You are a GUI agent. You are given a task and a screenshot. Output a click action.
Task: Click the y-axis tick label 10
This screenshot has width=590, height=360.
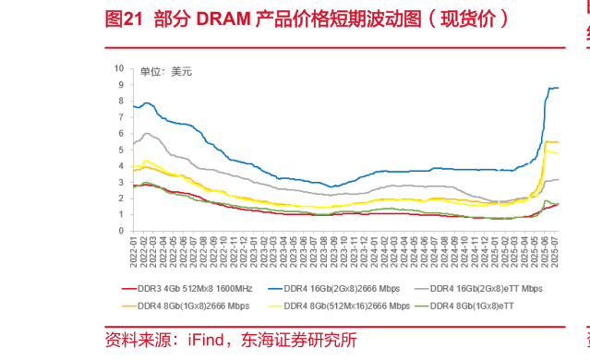pos(118,68)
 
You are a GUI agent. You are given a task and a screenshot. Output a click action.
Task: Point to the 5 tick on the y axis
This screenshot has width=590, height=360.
pos(120,150)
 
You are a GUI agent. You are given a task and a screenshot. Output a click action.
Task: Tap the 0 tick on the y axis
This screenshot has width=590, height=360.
pos(120,231)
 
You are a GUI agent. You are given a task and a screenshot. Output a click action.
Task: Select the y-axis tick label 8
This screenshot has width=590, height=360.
pos(120,101)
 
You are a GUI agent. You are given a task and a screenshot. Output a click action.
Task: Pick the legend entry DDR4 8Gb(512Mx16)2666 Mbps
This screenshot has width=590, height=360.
pos(346,305)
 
